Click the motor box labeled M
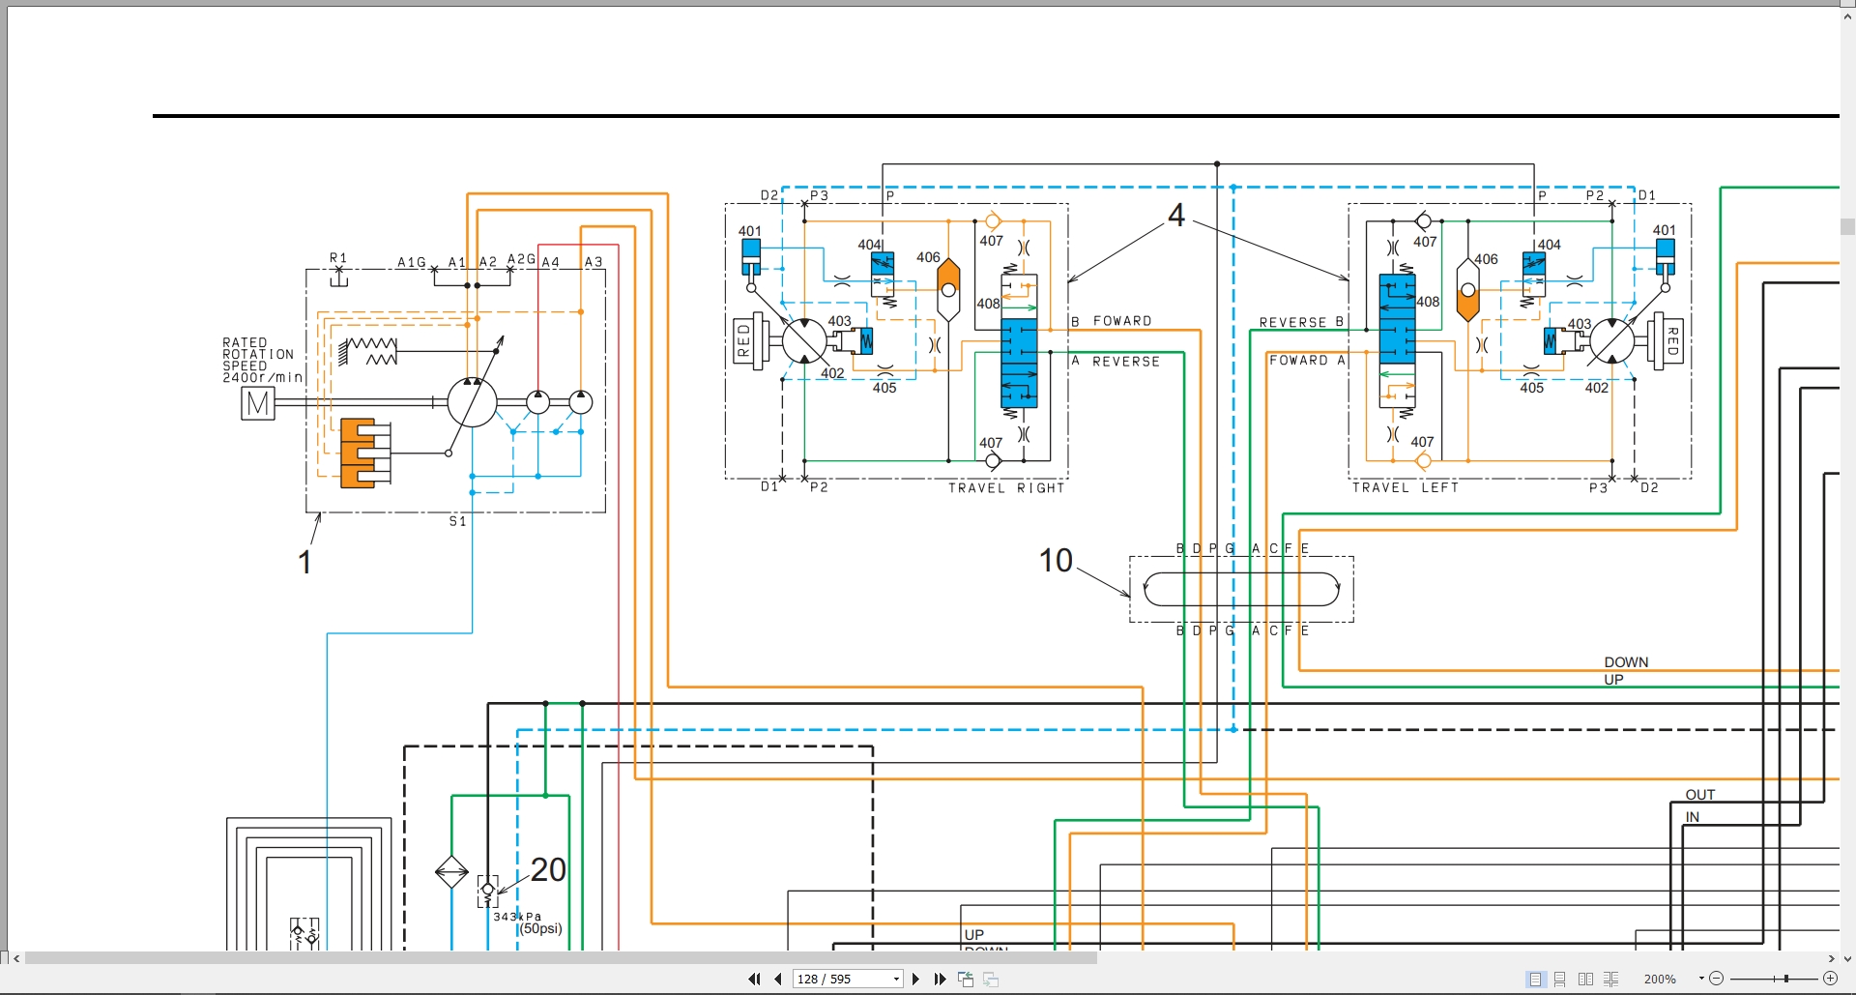(258, 403)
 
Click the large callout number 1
(304, 562)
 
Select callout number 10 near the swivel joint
(1056, 561)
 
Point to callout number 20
(548, 870)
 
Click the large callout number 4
(1176, 215)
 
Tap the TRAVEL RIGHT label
(1006, 488)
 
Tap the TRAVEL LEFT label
(1406, 487)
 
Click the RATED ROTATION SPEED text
(262, 360)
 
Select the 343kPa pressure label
(517, 917)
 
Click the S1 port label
(458, 521)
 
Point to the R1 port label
(338, 258)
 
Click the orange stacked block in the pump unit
(358, 453)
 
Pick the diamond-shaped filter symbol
(451, 872)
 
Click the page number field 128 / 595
(847, 980)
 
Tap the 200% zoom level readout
(1660, 980)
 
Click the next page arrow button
(915, 980)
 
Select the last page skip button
(940, 980)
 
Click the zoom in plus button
(1830, 980)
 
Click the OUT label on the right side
(1700, 795)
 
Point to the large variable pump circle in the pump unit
(472, 402)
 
